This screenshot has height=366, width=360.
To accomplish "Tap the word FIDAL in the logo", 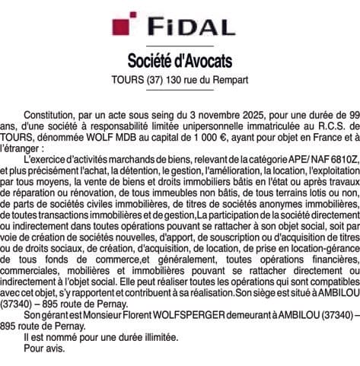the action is pos(193,27).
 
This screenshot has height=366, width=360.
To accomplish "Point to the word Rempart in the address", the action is pos(230,79).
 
